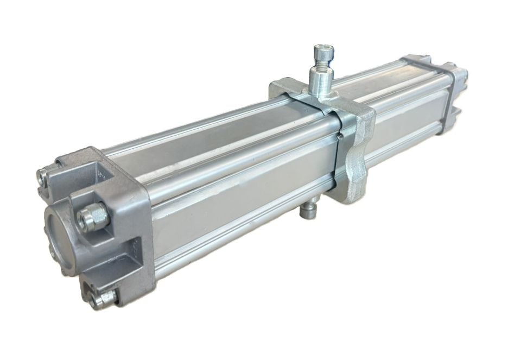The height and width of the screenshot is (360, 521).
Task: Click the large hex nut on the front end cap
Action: [x=87, y=218]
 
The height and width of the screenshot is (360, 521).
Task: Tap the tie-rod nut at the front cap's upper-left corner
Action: [x=43, y=175]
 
